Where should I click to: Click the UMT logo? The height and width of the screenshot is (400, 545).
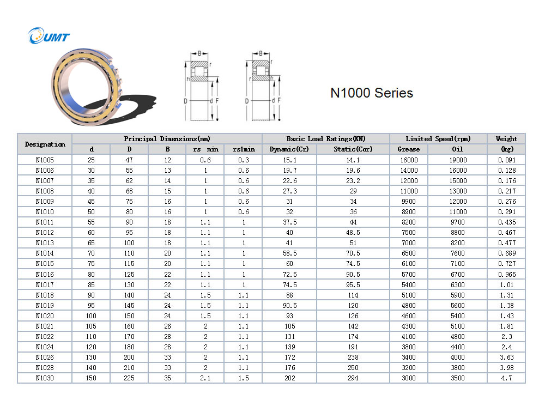pos(50,37)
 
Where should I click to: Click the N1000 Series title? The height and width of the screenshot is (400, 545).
pos(371,93)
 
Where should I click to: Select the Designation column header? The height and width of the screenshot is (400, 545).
pos(45,144)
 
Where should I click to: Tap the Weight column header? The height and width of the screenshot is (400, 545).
pos(506,139)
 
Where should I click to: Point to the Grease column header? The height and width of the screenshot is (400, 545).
pos(409,149)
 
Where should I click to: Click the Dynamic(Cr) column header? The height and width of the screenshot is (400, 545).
pos(289,149)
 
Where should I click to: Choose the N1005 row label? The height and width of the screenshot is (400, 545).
pos(45,160)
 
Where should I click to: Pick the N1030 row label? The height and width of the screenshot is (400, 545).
pos(45,378)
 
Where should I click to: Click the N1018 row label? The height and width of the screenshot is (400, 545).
pos(45,295)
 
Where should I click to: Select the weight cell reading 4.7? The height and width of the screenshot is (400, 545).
pos(506,378)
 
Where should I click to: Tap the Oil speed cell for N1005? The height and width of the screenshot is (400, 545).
pos(457,160)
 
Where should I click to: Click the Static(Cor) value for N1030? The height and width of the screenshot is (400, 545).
pos(353,378)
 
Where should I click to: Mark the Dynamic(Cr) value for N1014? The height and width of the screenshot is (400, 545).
pos(289,253)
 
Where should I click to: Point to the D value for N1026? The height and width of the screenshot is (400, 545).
pos(129,357)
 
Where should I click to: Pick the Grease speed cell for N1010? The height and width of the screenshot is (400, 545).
pos(409,212)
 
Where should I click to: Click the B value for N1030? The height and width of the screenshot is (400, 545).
pos(167,378)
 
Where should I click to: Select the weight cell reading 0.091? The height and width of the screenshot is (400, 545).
pos(506,160)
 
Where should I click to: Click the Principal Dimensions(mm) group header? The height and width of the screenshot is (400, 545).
pos(167,139)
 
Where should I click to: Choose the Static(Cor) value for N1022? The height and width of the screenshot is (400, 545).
pos(353,337)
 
